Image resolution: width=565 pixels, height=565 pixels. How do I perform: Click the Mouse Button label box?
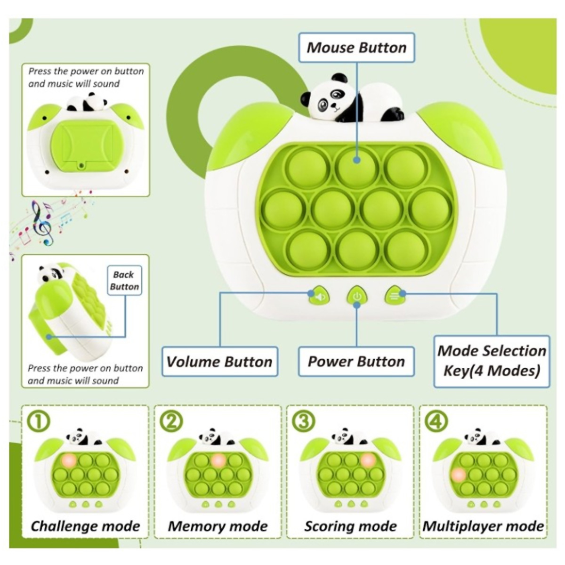356,48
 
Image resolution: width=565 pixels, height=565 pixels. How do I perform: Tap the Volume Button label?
219,362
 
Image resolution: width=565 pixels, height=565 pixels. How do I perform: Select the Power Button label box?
356,362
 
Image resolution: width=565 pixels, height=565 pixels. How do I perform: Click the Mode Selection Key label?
492,361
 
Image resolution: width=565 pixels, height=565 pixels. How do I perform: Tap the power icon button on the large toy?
356,297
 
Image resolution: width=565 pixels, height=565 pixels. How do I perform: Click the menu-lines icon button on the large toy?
395,297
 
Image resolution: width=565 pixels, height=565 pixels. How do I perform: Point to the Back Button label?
124,281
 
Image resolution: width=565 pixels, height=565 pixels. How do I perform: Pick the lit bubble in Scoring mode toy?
368,460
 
